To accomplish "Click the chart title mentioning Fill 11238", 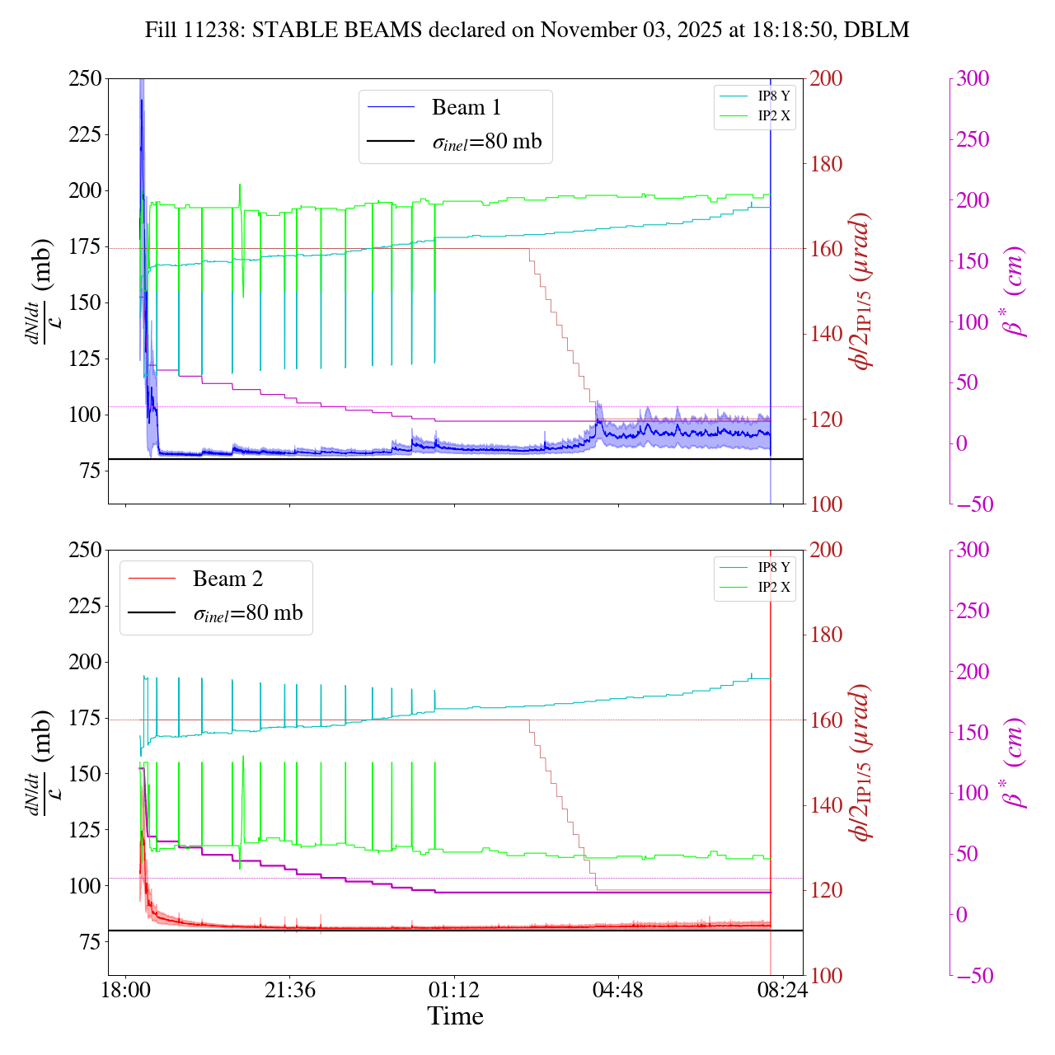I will click(527, 30).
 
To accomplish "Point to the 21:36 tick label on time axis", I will click(290, 989).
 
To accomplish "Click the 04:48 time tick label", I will click(617, 989).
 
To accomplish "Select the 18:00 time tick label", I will click(125, 989).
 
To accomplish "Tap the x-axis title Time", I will click(455, 1016).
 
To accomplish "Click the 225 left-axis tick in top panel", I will click(85, 134).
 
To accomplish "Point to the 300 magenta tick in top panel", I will click(973, 79).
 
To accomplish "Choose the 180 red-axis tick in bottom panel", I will click(826, 635).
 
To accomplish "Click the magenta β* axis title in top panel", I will click(1015, 291).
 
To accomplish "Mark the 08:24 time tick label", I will click(781, 989).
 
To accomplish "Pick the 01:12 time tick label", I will click(453, 989).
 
